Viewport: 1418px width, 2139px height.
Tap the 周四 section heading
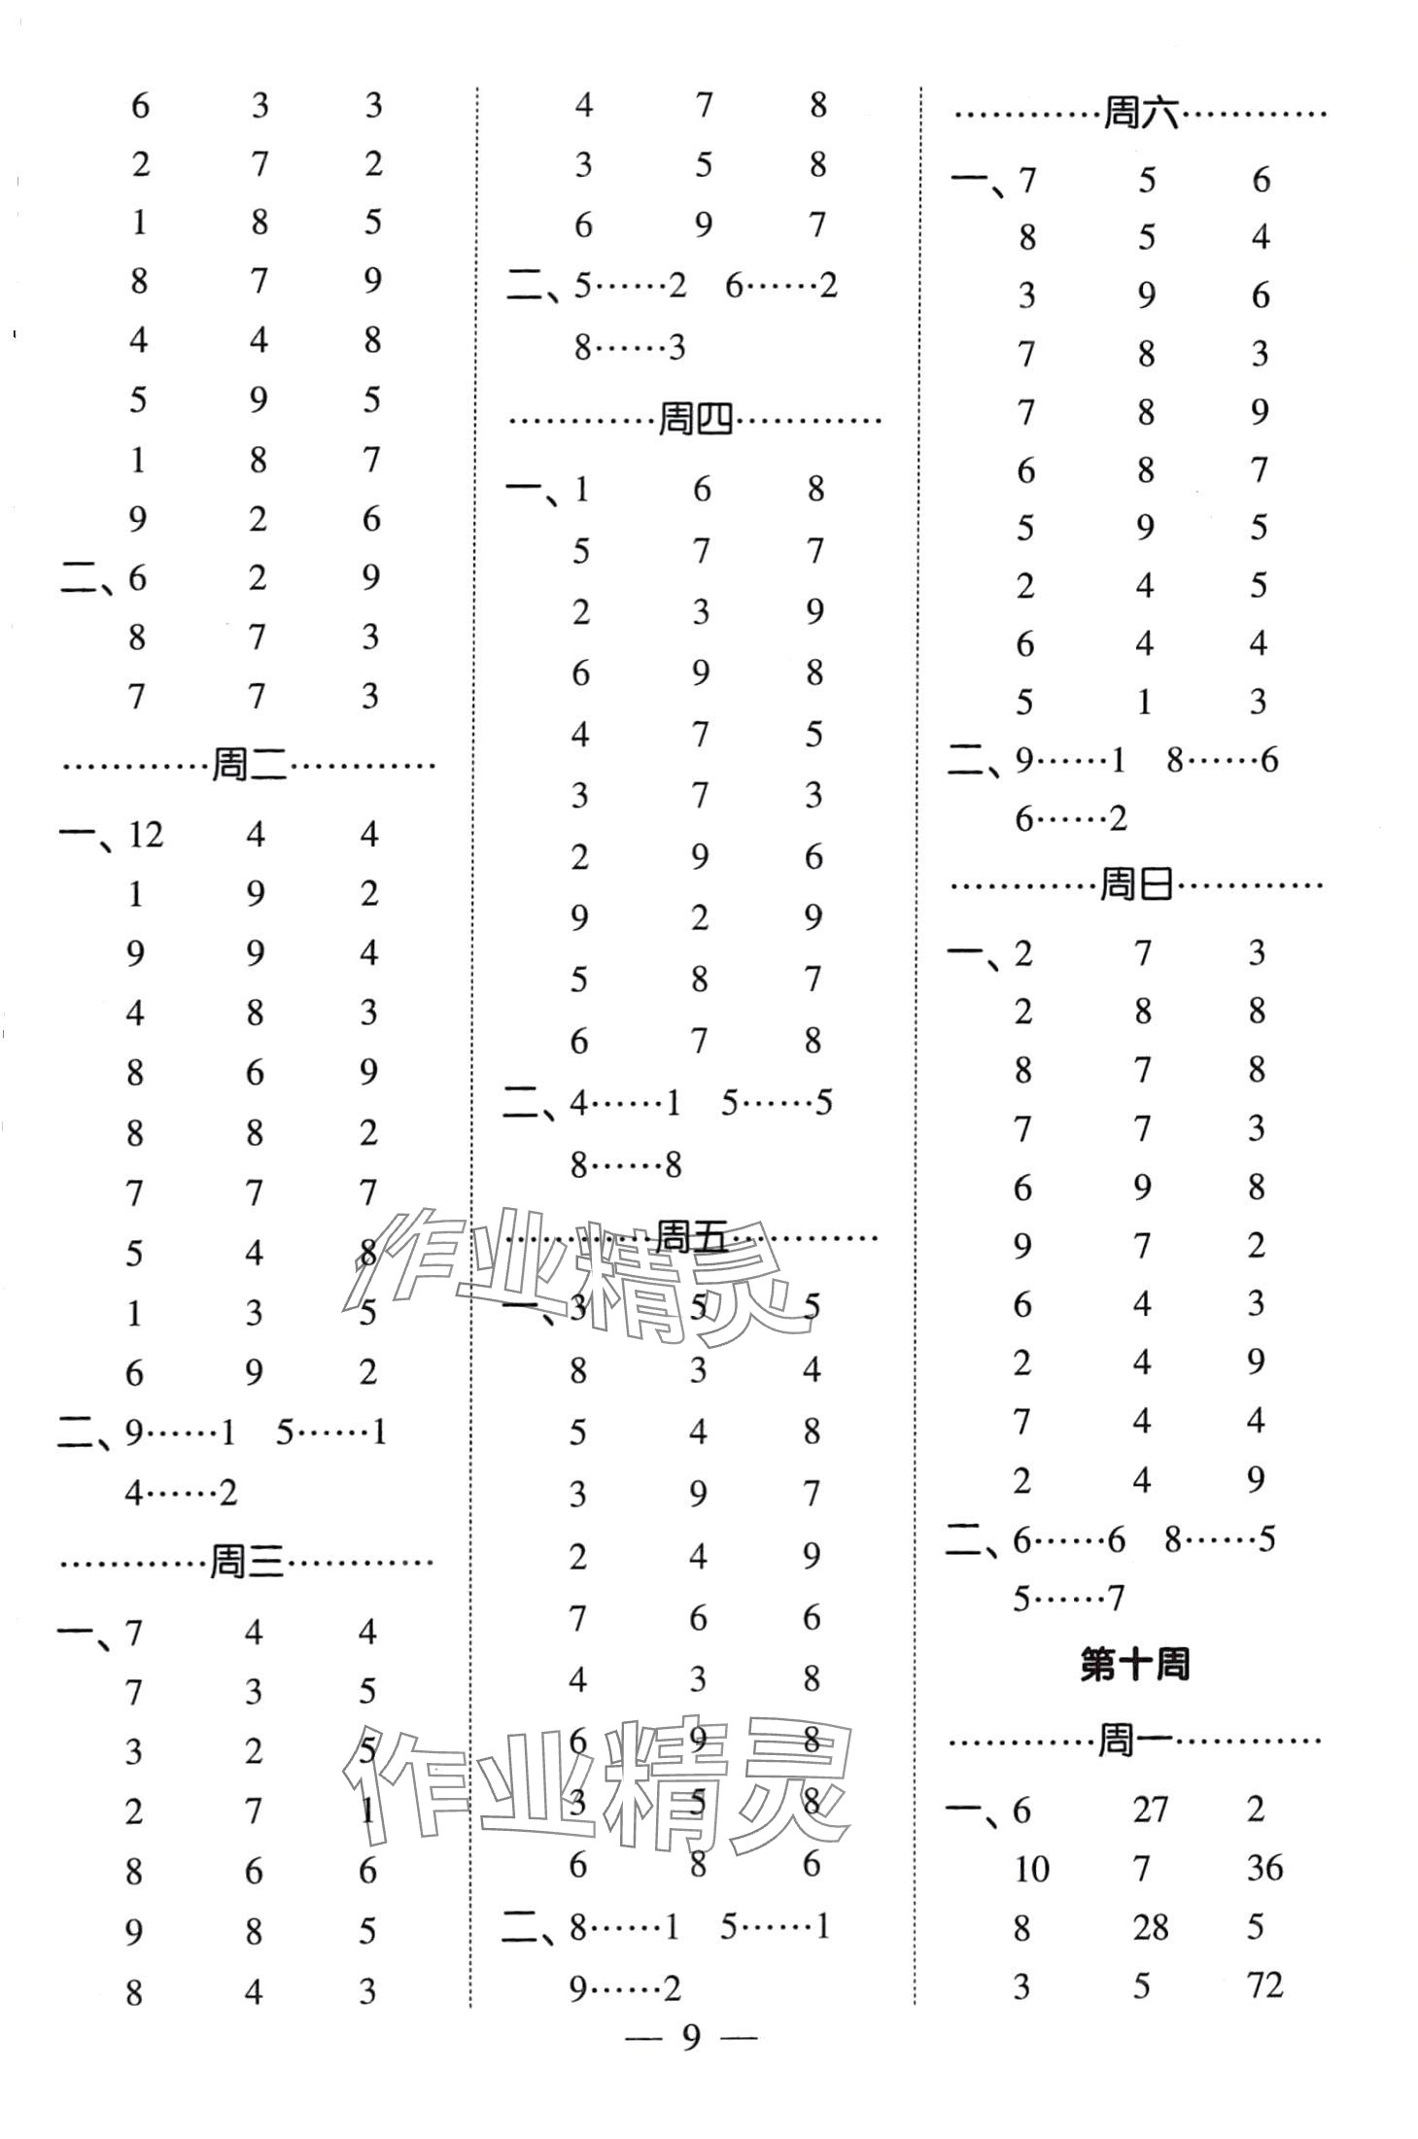tap(695, 421)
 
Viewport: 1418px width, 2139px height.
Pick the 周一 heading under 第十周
tap(1134, 1742)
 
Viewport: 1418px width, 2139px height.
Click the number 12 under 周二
tap(146, 834)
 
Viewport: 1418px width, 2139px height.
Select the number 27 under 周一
tap(1150, 1810)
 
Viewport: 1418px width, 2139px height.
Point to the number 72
tap(1265, 1984)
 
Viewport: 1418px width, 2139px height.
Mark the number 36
tap(1265, 1868)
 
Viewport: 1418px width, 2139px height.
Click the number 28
tap(1150, 1926)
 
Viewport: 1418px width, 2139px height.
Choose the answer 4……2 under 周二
tap(182, 1492)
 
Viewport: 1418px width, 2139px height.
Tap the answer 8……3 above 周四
tap(630, 347)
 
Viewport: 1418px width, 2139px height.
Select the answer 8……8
tap(628, 1164)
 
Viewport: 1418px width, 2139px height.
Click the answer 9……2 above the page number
tap(626, 1987)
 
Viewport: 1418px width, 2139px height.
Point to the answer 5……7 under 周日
tap(1069, 1597)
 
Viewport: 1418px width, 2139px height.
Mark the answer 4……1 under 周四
tap(626, 1103)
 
